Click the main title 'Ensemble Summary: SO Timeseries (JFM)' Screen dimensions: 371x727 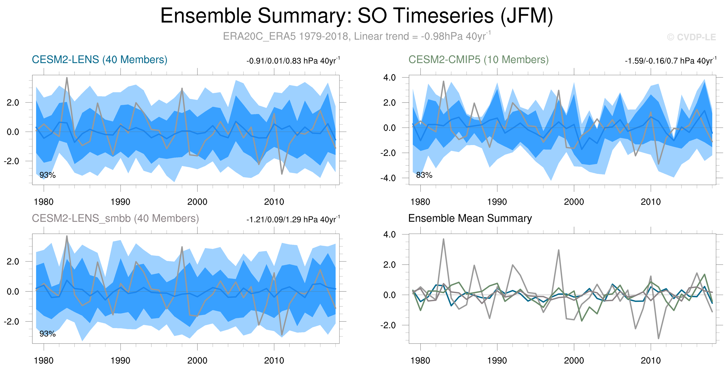[357, 16]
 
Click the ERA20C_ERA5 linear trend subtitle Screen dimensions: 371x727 [357, 36]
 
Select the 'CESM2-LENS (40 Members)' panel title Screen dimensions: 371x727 [99, 60]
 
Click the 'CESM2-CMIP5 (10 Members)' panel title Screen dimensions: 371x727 [478, 60]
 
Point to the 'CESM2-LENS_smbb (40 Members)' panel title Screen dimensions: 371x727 [115, 218]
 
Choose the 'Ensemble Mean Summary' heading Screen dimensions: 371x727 [470, 218]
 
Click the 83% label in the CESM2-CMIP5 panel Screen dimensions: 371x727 [424, 175]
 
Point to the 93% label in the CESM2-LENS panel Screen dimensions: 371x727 [47, 175]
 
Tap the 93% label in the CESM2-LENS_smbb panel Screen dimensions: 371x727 [47, 334]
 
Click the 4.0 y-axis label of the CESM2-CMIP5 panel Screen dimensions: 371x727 [390, 77]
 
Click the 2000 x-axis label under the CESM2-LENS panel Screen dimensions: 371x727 [197, 202]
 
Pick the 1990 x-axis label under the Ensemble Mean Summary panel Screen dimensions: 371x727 [497, 360]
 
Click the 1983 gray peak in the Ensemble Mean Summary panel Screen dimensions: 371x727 [443, 239]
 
